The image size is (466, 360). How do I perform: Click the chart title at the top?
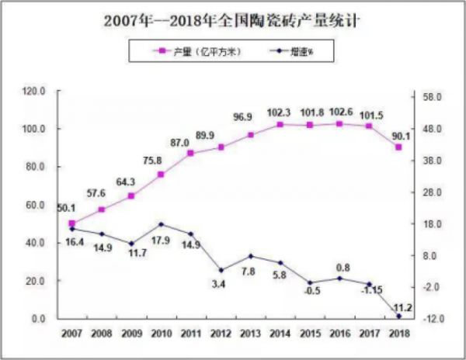click(232, 19)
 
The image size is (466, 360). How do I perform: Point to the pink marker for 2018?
click(398, 147)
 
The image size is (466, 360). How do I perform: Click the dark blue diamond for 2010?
click(161, 225)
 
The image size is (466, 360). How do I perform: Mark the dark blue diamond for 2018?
click(398, 316)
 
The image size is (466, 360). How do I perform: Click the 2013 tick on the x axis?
click(250, 333)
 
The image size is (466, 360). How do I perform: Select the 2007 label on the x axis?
click(72, 333)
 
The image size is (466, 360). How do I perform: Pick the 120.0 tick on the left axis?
click(36, 92)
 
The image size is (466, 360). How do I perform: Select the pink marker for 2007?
click(72, 223)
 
